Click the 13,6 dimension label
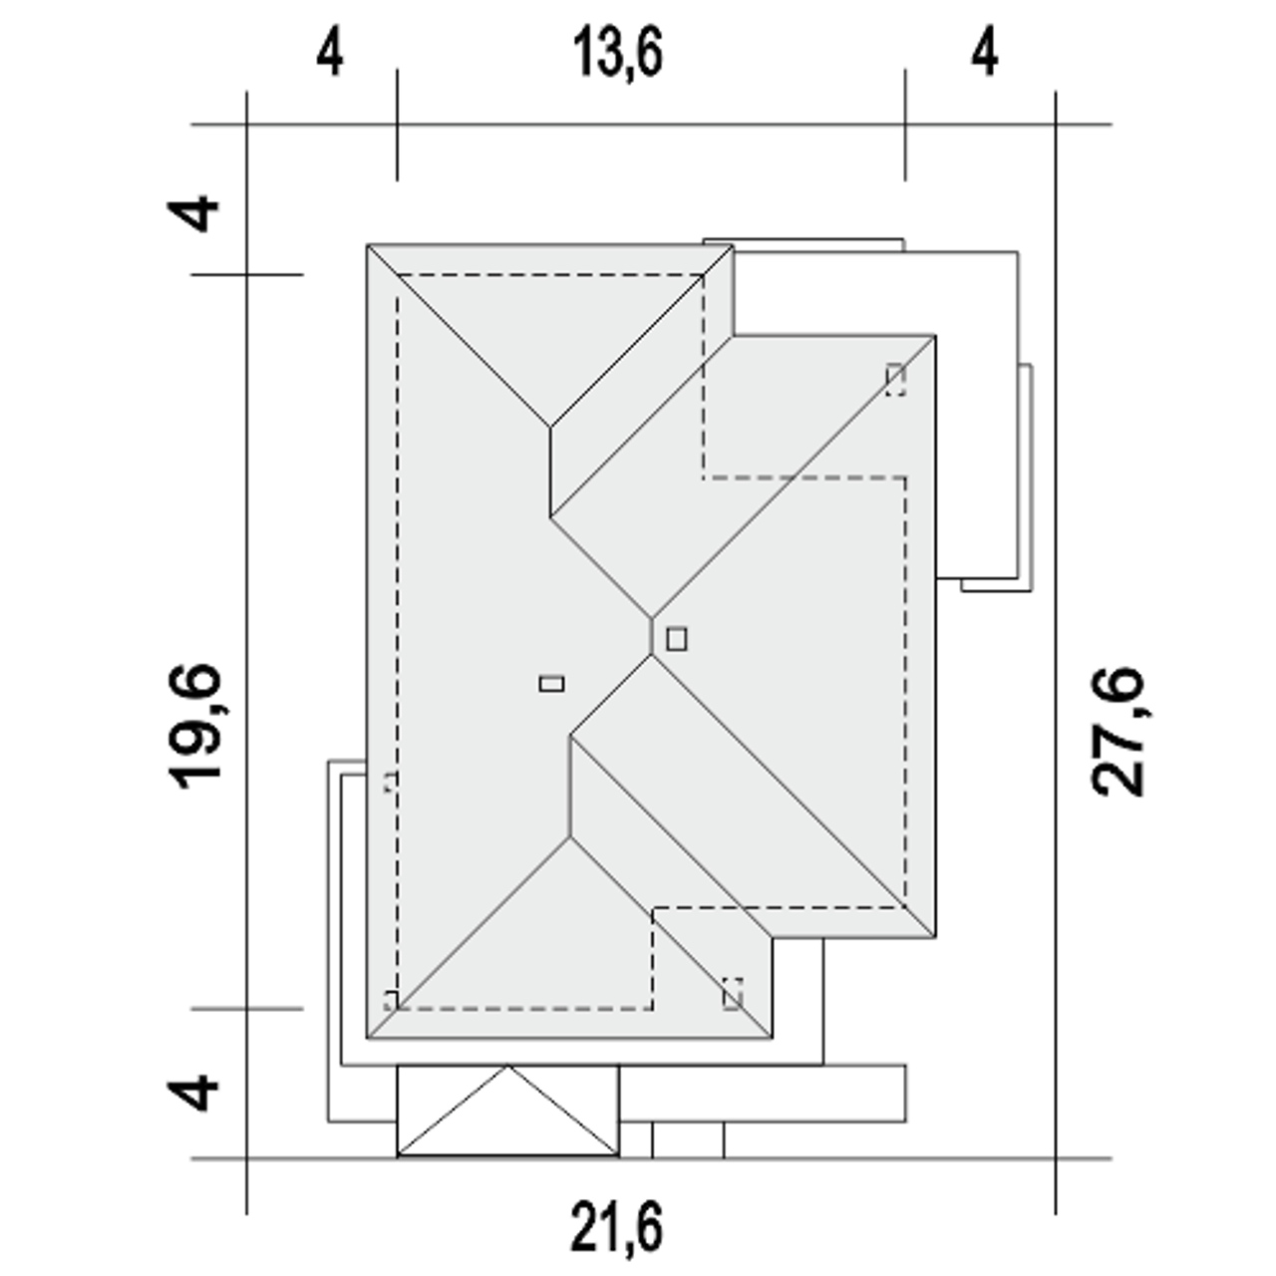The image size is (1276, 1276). click(617, 53)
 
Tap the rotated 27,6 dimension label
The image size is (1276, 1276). click(1117, 731)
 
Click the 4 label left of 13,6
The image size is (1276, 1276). click(330, 54)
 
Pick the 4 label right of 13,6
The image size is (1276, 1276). click(985, 54)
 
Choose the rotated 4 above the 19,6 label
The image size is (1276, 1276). click(192, 213)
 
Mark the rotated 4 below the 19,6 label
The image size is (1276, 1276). click(192, 1094)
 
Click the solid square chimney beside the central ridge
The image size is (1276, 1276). click(677, 639)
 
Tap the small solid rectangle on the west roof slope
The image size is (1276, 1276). click(551, 684)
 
